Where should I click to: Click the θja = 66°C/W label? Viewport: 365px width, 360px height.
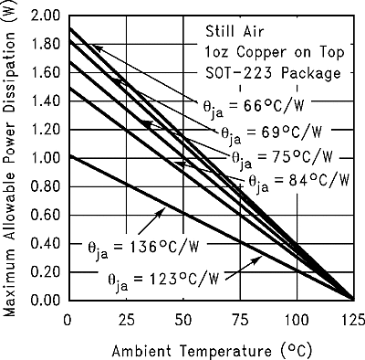(x=248, y=105)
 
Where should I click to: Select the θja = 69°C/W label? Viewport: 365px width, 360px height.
(x=266, y=132)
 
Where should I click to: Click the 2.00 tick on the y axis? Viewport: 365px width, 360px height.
(x=45, y=16)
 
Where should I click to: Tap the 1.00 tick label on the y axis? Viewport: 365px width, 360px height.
(x=45, y=158)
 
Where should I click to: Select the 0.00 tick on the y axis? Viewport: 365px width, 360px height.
(x=45, y=300)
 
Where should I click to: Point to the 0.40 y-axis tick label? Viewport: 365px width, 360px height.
(x=45, y=243)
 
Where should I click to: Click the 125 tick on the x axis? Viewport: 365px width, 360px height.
(x=353, y=319)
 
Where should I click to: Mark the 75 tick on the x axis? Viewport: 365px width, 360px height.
(x=239, y=319)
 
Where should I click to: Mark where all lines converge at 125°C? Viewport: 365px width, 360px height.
(x=353, y=299)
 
